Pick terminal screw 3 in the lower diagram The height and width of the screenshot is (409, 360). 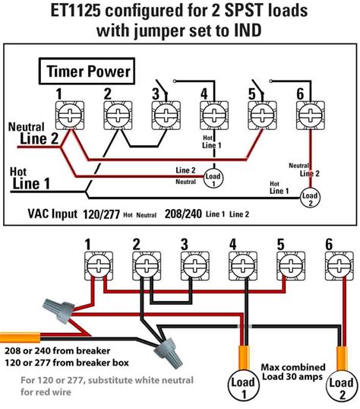point(191,268)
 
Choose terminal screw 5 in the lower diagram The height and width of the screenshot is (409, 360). point(286,268)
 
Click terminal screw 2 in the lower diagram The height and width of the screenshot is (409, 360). point(143,268)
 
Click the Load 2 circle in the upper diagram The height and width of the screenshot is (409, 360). point(308,198)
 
